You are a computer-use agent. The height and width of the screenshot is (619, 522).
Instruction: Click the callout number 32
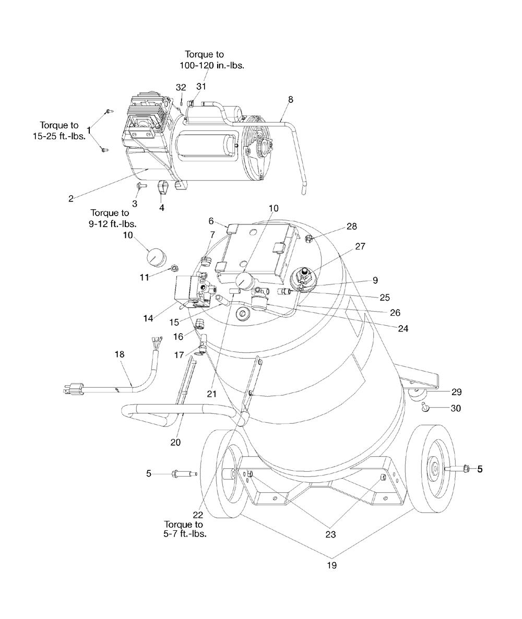[181, 87]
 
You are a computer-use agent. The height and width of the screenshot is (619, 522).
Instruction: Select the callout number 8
[290, 100]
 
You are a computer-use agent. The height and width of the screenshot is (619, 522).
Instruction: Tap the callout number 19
[331, 565]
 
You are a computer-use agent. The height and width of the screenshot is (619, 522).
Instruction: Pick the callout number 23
[331, 534]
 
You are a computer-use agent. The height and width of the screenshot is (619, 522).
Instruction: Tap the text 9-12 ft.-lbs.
[113, 224]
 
